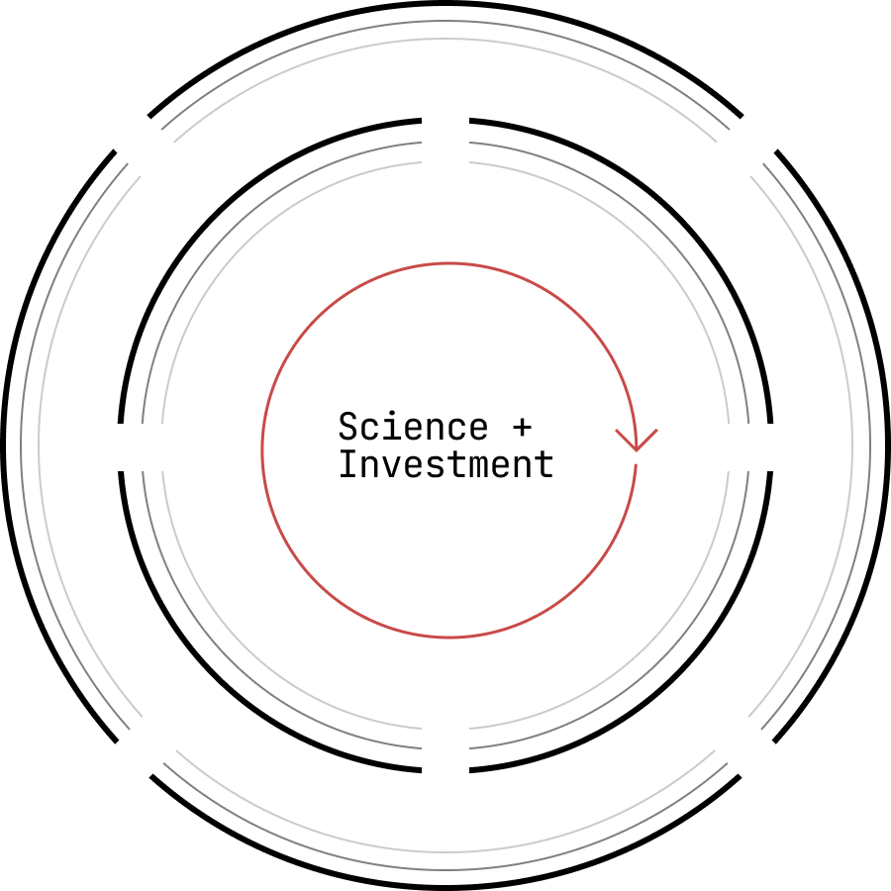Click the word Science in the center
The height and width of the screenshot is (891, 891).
coord(413,428)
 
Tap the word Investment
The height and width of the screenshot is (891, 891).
coord(445,464)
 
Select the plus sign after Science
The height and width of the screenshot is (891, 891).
coord(522,428)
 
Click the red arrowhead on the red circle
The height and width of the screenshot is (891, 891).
coord(637,439)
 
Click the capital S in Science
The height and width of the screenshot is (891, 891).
coord(347,428)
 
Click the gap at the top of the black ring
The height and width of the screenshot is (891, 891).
coord(445,121)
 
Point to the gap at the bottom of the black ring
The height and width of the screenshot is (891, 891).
coord(445,769)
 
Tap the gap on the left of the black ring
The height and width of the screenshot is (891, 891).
coord(121,446)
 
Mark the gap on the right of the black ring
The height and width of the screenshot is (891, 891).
coord(770,446)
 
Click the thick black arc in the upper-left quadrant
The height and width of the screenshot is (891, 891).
coord(216,216)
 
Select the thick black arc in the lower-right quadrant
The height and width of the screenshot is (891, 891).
coord(675,675)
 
